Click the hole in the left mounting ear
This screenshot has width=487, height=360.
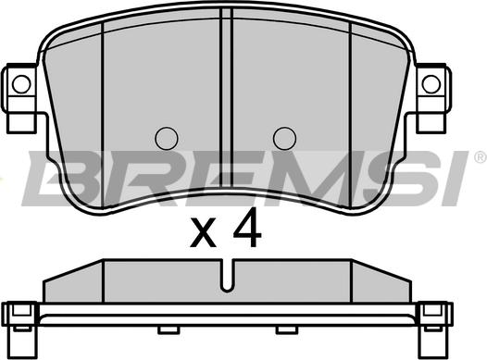pos(21,84)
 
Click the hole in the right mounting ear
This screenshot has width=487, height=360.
pos(431,84)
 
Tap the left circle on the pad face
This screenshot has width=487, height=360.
pos(167,139)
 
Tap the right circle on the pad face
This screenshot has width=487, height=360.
pos(284,139)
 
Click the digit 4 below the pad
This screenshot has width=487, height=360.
pos(247,228)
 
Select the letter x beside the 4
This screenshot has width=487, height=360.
pos(204,232)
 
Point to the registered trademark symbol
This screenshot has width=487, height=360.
pos(481,156)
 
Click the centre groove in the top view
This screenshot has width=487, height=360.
pos(227,99)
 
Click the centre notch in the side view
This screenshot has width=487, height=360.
pos(228,276)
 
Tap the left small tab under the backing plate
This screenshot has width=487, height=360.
pos(169,329)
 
